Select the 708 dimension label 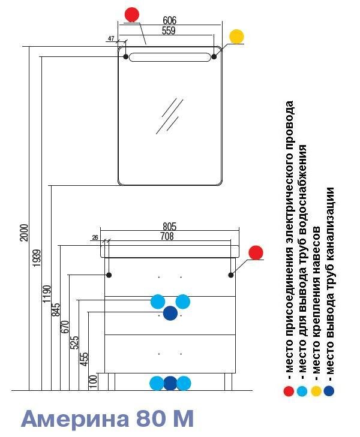click(167, 236)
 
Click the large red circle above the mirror click(132, 14)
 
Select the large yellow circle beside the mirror click(237, 36)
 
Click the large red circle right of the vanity click(256, 252)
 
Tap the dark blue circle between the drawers click(170, 313)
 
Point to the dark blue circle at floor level click(170, 383)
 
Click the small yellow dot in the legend click(316, 391)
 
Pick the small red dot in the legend click(290, 391)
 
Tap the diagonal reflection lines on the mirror click(169, 115)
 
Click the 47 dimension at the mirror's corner click(111, 38)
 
